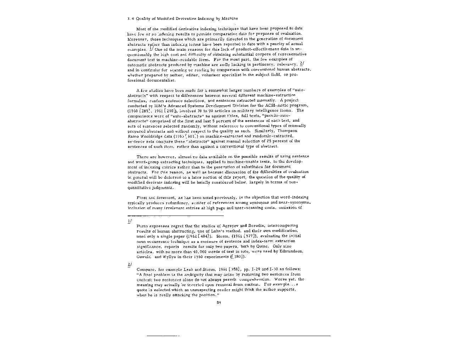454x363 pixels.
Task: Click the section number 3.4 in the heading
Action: [130, 18]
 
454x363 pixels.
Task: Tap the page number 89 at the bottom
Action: [218, 302]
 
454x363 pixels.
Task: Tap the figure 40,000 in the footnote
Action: [195, 251]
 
